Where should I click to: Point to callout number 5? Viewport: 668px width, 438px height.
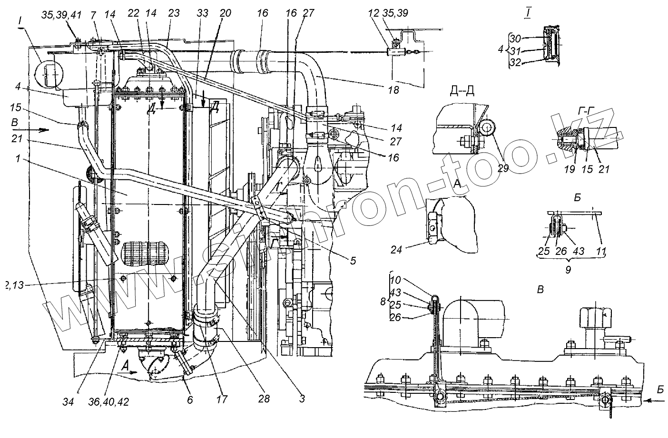click(x=353, y=260)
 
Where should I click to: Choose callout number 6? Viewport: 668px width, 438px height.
click(x=189, y=400)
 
